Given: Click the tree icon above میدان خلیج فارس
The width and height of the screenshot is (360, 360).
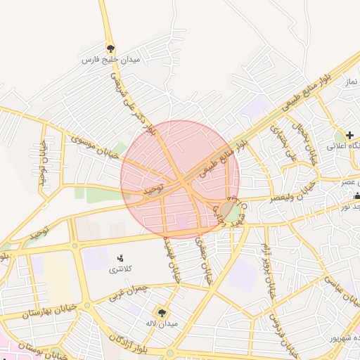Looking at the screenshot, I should (x=110, y=49).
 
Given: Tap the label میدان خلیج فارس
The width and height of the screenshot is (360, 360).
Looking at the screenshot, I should (x=112, y=61).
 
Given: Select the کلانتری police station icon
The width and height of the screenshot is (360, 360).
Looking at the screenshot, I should (x=120, y=259).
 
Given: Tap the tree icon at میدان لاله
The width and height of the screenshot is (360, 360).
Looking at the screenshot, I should (x=162, y=313).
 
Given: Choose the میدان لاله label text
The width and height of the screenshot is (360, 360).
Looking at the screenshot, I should (x=162, y=325).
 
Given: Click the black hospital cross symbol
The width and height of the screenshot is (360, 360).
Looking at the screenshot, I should (x=349, y=134).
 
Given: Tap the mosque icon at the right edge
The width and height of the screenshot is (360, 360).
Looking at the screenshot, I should (x=357, y=196).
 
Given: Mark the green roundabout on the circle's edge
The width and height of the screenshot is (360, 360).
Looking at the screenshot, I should (x=229, y=210).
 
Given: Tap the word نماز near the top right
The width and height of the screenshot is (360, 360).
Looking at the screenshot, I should (x=351, y=82).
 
